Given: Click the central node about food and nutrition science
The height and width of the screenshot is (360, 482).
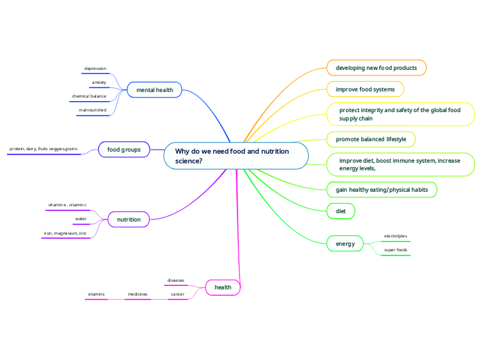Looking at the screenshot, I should tap(235, 156).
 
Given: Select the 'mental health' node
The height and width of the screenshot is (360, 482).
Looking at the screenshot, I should tap(154, 90).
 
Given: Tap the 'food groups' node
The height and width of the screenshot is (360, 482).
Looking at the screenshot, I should tap(124, 149).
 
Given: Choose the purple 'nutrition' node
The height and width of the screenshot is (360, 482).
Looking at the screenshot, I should tap(129, 219).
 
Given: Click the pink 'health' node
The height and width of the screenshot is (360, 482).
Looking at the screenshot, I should tap(223, 287).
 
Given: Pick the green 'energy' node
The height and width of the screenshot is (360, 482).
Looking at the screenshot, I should tap(345, 244).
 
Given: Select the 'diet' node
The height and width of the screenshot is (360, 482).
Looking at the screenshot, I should tap(341, 210).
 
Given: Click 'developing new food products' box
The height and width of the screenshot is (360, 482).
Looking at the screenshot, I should tap(376, 68).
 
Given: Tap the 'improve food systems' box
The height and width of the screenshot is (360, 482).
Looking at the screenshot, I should tap(365, 89).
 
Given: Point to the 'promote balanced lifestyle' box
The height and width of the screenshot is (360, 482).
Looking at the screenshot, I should tap(371, 139).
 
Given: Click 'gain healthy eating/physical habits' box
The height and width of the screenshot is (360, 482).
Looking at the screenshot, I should tap(382, 190).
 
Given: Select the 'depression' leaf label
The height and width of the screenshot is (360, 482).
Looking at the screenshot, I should tap(95, 69).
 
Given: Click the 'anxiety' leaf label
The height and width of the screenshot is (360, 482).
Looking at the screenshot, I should tap(99, 82).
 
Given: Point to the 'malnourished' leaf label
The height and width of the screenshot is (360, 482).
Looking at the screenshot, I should tap(92, 110).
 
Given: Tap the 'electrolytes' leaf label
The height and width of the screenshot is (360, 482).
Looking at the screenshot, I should tap(395, 236).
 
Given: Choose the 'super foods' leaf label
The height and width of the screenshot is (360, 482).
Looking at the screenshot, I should tap(395, 250).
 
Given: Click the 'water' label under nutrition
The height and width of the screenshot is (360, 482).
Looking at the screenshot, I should tap(81, 219).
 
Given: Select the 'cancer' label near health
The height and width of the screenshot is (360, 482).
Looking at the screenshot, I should tap(177, 294).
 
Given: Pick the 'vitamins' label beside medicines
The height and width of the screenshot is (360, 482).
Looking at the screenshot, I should tap(96, 294).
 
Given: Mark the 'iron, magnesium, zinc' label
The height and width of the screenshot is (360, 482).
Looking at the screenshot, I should tap(65, 233).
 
